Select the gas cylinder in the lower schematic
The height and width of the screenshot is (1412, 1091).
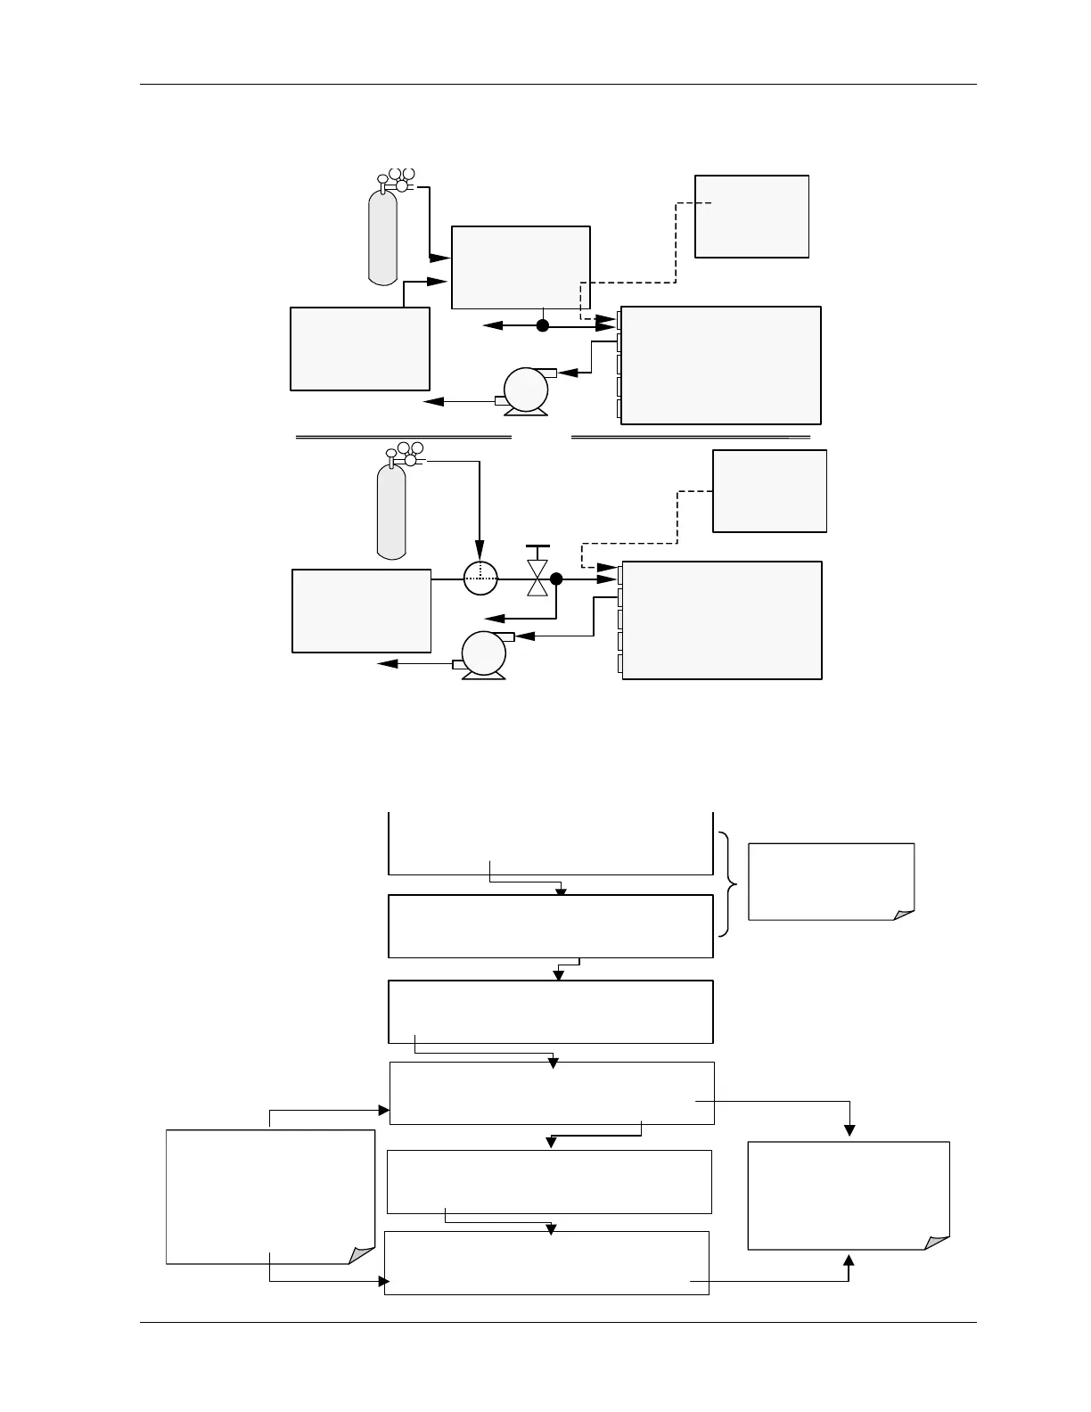391,513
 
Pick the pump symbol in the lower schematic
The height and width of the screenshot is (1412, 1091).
484,656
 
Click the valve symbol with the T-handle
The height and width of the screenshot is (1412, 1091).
537,571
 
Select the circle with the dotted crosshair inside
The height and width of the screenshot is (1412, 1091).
480,579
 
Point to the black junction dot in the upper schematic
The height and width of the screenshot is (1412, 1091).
542,326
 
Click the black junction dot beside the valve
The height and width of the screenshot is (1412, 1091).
556,579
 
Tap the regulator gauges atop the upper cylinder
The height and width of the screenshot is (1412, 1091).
400,179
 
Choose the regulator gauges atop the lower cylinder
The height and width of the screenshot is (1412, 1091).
406,454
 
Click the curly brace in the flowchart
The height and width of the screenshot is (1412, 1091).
727,883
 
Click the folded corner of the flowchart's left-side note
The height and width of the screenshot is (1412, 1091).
362,1255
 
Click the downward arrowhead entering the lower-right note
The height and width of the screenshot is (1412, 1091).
849,1131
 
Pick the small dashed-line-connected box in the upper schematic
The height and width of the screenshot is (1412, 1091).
751,217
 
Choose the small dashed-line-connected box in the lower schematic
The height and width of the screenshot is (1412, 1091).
769,491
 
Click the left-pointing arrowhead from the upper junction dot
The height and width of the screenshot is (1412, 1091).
489,326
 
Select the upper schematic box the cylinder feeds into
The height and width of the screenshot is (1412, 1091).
521,267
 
